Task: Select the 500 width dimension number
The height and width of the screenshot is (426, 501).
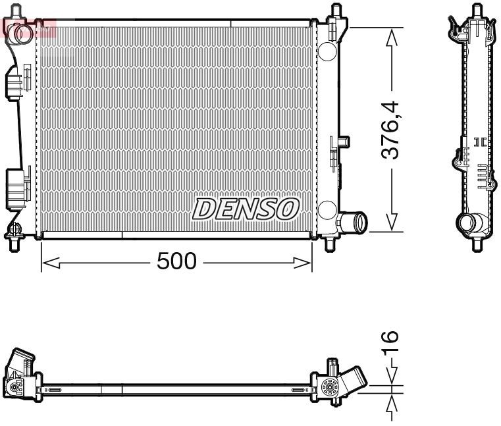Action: [x=176, y=262]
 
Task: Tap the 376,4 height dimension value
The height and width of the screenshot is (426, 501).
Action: [x=392, y=130]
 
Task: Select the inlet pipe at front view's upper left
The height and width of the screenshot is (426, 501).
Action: [x=20, y=32]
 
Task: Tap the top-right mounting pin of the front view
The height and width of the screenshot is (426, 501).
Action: [x=336, y=11]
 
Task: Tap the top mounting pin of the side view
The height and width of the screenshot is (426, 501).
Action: [x=475, y=11]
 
